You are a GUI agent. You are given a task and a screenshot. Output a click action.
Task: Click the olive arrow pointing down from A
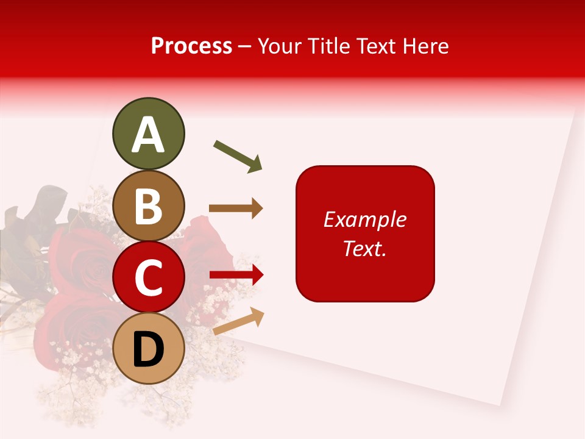tap(238, 156)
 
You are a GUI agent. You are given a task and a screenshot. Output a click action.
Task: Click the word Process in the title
tap(191, 46)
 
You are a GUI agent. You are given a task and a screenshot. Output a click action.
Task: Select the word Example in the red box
tap(365, 220)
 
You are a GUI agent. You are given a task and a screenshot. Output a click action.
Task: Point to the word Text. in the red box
tap(365, 248)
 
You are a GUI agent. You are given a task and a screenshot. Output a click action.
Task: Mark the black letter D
tap(148, 349)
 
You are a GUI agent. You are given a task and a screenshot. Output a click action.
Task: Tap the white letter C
tap(148, 277)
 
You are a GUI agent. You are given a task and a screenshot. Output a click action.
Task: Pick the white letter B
tap(148, 206)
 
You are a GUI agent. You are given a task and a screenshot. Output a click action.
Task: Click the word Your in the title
tap(279, 46)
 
